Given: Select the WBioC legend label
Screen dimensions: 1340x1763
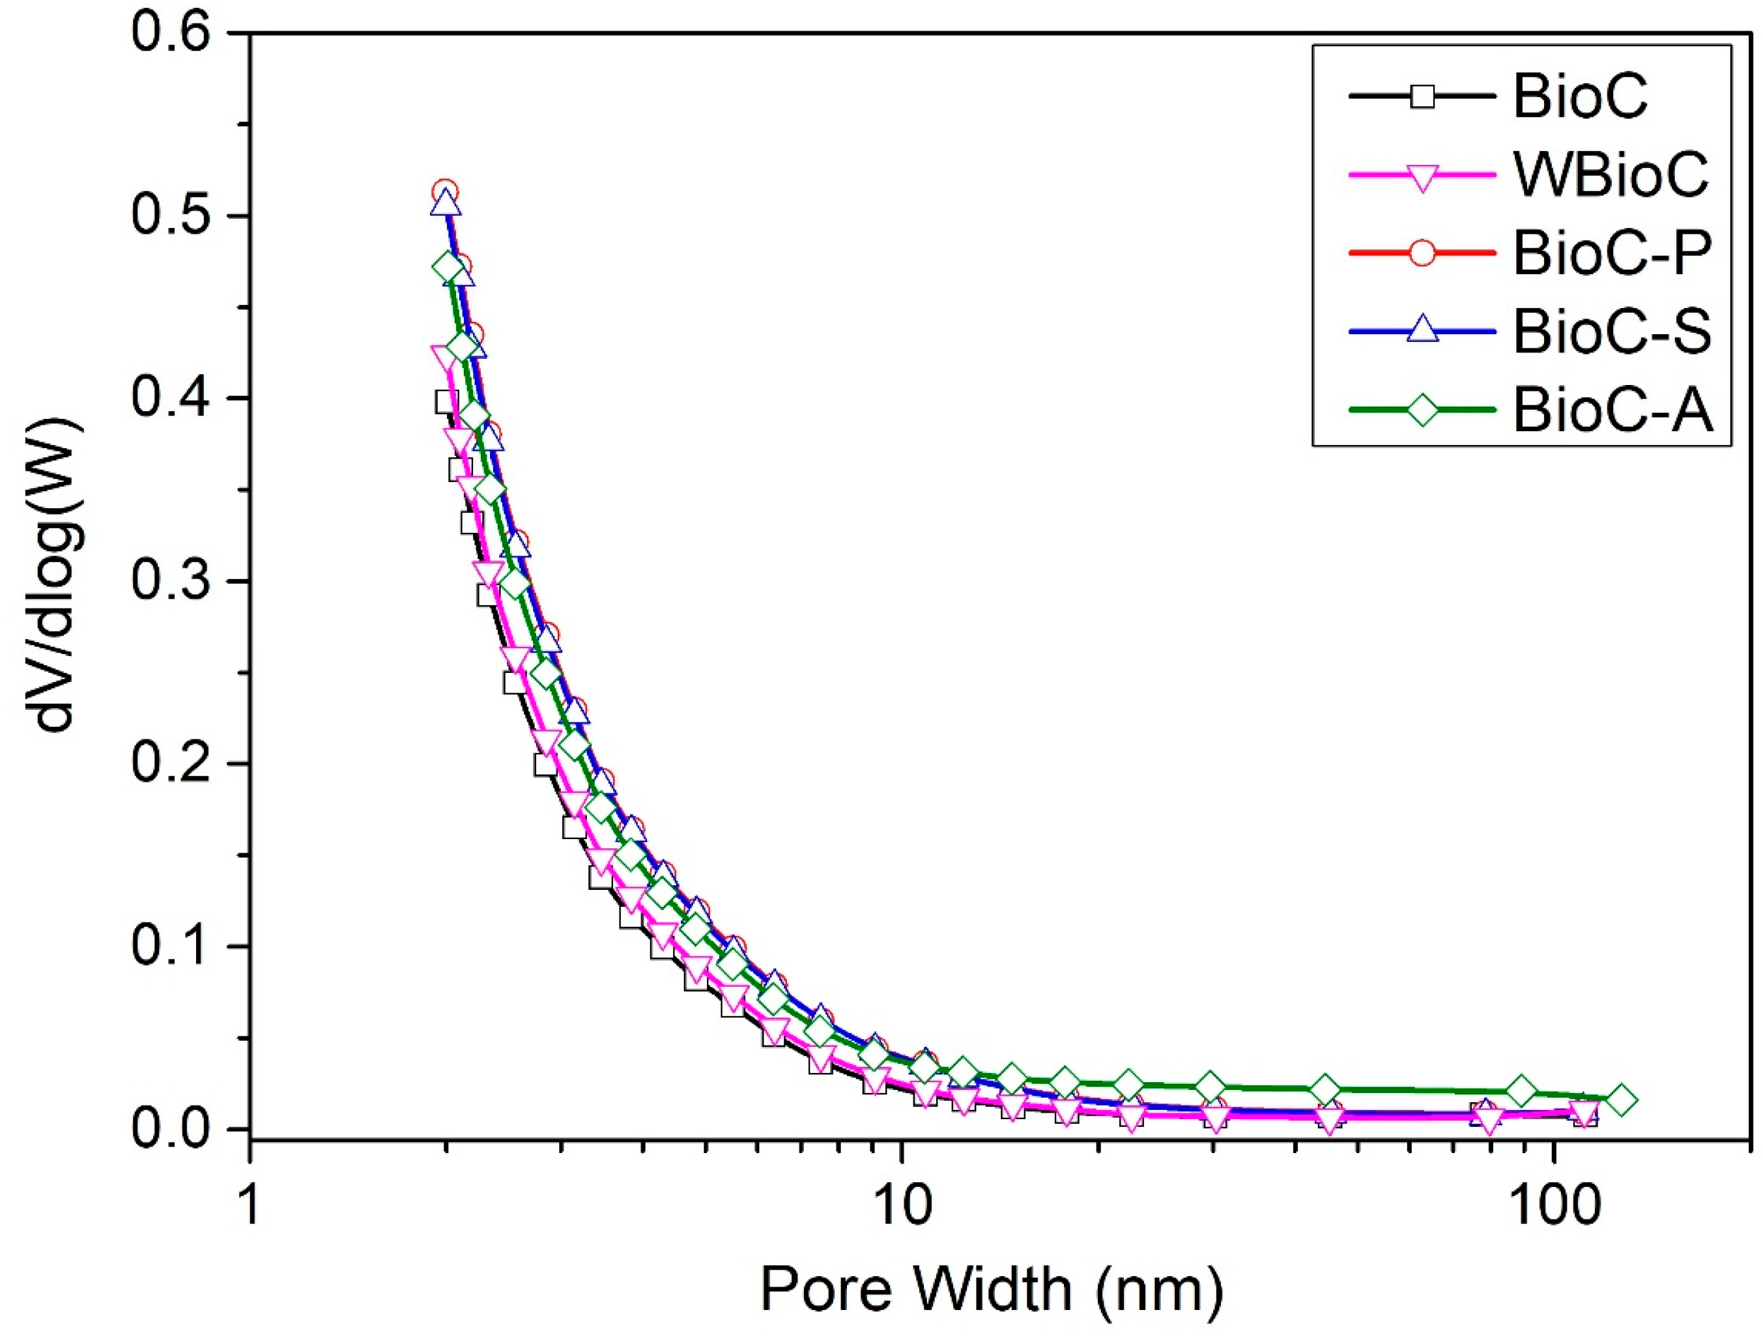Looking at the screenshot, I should coord(1611,175).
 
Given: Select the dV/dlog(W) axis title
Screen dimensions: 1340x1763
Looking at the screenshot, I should coord(56,580).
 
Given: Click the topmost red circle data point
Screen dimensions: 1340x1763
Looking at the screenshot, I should coord(445,192).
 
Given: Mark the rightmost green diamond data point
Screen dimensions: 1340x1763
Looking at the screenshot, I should coord(1622,1100).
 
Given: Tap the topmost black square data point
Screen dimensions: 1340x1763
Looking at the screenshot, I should coord(445,401).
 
